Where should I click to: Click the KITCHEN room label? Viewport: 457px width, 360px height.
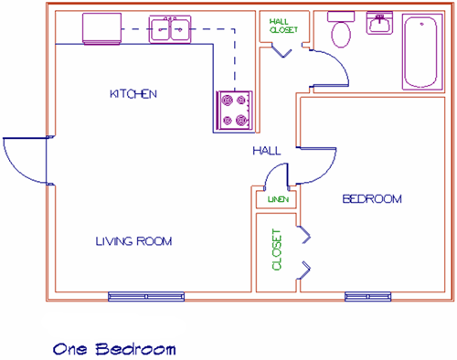point(133,94)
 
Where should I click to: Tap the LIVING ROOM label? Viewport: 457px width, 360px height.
point(133,241)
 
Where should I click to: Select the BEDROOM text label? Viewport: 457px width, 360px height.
point(372,199)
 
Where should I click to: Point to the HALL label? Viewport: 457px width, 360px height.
point(267,151)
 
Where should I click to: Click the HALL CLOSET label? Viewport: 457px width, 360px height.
point(283,26)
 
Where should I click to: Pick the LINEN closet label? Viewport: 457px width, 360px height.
point(278,199)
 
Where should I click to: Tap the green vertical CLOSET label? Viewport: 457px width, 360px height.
point(276,249)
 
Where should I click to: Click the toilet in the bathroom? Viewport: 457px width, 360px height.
point(341,29)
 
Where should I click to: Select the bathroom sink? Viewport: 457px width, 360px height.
point(379,23)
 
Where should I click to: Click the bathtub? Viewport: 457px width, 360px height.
point(422,52)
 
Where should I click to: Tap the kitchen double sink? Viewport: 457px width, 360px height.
point(170,29)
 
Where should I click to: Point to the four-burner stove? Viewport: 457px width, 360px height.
point(234,111)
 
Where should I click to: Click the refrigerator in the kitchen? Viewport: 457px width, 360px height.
point(101,28)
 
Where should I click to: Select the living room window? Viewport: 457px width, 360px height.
point(146,296)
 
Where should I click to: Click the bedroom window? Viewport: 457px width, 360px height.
point(367,296)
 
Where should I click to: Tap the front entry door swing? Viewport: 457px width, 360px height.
point(16,171)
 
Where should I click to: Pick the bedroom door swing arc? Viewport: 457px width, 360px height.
point(328,171)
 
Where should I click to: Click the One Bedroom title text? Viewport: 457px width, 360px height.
point(114,349)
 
